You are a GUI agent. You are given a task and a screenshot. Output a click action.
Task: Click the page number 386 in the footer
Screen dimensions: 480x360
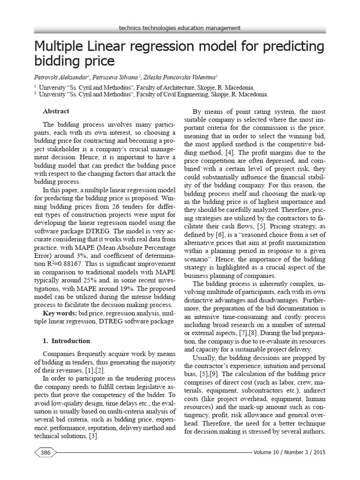click(45, 452)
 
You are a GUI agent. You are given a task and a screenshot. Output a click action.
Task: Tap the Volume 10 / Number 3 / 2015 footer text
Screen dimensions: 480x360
click(289, 452)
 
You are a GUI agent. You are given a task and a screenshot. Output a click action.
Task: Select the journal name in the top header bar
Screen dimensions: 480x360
click(180, 28)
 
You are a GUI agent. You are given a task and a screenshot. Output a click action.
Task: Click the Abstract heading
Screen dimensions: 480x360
click(56, 111)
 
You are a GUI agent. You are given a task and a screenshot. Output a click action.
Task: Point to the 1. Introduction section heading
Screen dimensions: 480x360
click(67, 341)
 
